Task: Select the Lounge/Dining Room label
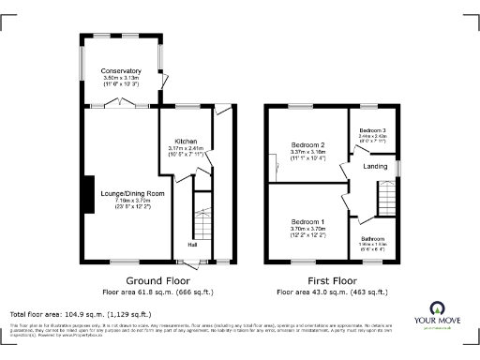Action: pos(132,193)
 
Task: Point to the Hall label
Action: pos(191,245)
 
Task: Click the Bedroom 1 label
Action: pos(307,219)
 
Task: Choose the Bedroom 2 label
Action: pos(307,145)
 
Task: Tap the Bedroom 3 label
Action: pos(372,129)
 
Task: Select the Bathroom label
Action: pos(372,238)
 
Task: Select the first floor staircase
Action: pos(387,195)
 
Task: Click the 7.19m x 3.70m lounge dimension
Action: pos(132,200)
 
